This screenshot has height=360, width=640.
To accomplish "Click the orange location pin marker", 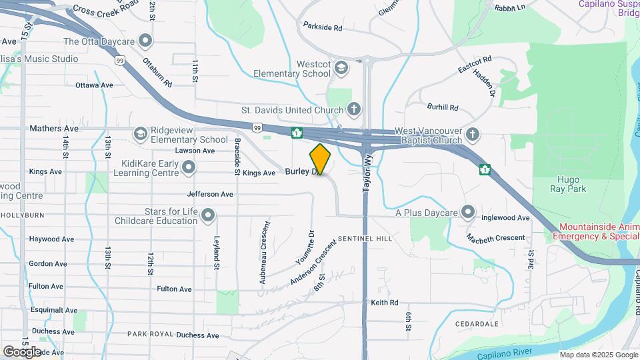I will click(321, 159).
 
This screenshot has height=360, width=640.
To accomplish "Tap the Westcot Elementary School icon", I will click(341, 67).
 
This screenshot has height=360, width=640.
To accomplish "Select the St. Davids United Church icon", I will click(354, 109).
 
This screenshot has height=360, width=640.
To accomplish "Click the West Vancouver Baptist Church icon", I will click(473, 135).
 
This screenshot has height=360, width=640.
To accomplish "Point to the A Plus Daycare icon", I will click(469, 213).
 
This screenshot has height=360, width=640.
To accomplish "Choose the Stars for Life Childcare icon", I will click(209, 215).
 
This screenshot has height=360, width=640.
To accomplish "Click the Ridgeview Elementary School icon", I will click(141, 134).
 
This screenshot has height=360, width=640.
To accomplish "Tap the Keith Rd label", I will click(385, 302).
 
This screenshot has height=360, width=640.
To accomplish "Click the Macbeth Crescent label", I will click(495, 238).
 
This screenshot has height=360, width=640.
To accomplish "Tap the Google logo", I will click(22, 351).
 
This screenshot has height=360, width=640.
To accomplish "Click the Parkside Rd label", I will click(322, 28).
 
